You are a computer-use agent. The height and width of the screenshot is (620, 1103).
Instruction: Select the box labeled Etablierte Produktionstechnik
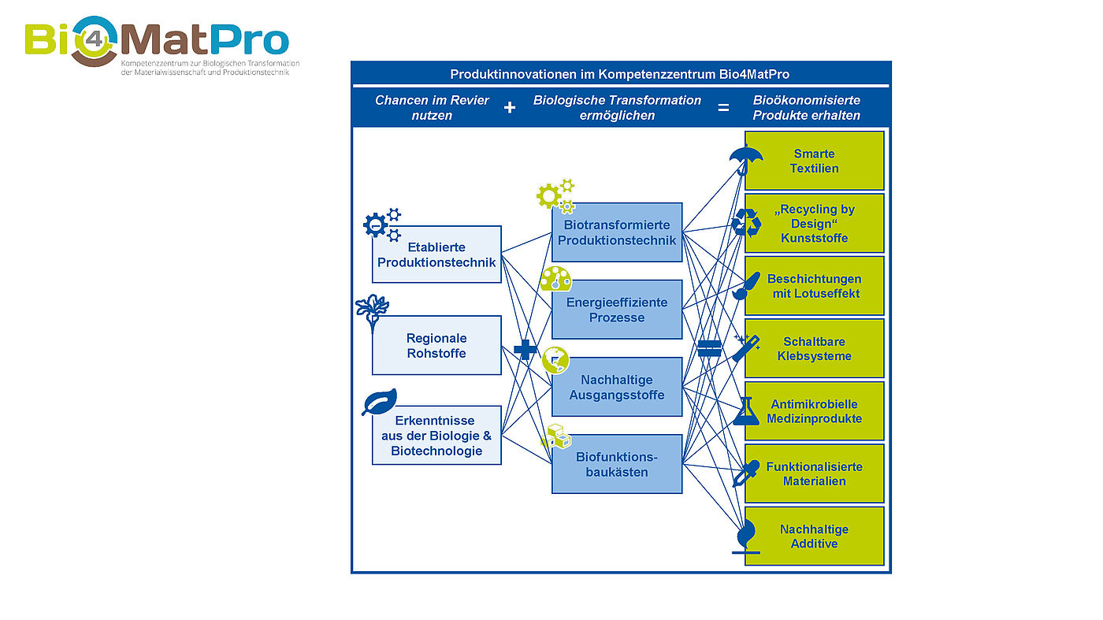436,254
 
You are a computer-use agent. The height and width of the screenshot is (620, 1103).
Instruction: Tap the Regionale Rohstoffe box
436,345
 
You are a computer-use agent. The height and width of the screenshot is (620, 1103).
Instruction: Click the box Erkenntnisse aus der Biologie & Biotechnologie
436,435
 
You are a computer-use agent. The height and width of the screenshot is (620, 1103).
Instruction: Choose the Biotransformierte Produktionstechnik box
617,232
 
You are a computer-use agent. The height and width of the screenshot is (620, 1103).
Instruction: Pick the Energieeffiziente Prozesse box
617,310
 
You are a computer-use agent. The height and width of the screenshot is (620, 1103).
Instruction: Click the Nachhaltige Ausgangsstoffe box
617,387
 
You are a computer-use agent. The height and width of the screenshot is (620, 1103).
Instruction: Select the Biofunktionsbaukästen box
617,464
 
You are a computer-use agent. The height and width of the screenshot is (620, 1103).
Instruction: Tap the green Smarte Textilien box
814,161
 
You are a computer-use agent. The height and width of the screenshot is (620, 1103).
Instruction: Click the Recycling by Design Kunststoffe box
814,223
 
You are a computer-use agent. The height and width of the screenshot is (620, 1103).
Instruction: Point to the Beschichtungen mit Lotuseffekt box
814,286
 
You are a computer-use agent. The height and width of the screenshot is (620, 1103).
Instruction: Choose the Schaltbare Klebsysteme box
814,348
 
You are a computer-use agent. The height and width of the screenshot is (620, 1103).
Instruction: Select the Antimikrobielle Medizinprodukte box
814,411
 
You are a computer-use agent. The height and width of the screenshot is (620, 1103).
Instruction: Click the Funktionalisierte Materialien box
814,473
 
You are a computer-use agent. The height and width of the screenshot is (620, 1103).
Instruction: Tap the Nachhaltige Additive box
814,536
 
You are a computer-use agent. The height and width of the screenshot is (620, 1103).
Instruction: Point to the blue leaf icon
379,402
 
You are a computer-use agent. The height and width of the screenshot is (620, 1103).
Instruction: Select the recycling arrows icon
745,223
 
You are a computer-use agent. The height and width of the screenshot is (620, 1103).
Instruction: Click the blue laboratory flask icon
745,411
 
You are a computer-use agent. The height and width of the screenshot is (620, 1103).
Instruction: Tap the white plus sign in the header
510,107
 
